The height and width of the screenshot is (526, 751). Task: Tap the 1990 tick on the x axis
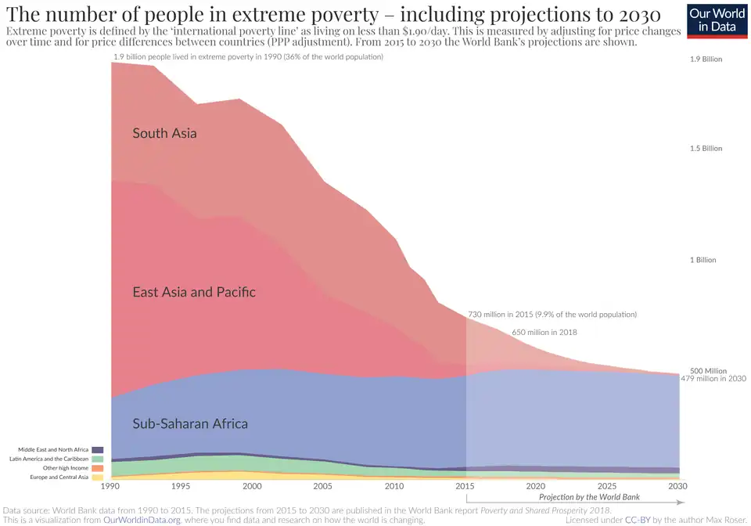[x=112, y=486]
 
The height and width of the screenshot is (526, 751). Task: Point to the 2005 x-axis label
[x=323, y=486]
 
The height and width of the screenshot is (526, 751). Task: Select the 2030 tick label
[x=677, y=486]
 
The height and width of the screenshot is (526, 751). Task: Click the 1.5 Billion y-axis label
[x=706, y=148]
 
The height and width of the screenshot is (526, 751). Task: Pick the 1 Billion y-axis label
[x=702, y=260]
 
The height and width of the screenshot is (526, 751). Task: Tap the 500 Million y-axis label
[x=708, y=371]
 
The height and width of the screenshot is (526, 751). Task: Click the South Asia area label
[x=164, y=133]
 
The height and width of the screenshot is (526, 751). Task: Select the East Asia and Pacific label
[x=194, y=292]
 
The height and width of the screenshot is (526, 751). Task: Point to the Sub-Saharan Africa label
[x=190, y=423]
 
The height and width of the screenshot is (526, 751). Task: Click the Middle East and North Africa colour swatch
[x=98, y=449]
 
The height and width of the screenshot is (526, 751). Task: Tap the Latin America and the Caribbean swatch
[x=98, y=459]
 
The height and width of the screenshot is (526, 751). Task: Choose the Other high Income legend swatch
[x=98, y=468]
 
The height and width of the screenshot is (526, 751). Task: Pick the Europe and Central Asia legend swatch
[x=98, y=477]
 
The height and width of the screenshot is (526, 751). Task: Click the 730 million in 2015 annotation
[x=552, y=314]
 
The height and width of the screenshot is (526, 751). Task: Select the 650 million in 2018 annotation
[x=544, y=332]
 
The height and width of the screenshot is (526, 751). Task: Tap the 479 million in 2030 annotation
[x=713, y=379]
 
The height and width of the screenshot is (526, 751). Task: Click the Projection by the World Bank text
[x=589, y=497]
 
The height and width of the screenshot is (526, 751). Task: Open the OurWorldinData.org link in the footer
[x=142, y=519]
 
